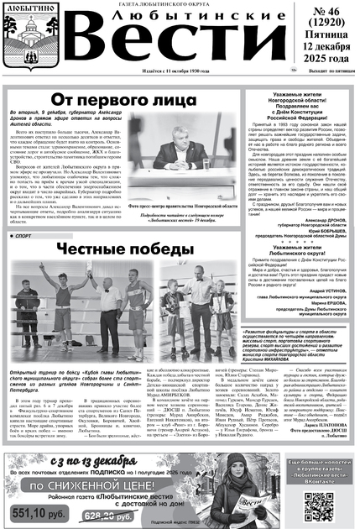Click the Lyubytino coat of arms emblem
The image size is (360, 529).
pyautogui.click(x=22, y=42)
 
